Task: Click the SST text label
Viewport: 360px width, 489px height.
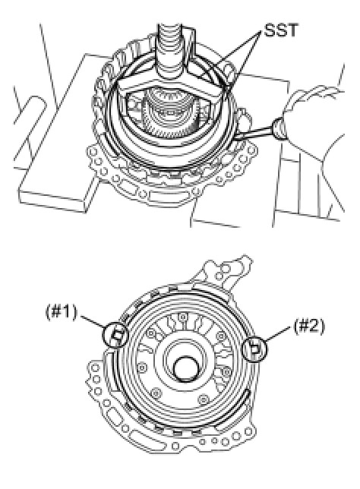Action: pyautogui.click(x=280, y=30)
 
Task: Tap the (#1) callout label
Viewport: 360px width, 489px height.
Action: pyautogui.click(x=62, y=312)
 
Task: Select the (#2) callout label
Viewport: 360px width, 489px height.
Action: pyautogui.click(x=309, y=327)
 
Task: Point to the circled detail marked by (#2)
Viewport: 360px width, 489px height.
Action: pyautogui.click(x=255, y=349)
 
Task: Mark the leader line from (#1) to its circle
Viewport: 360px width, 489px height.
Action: pyautogui.click(x=93, y=321)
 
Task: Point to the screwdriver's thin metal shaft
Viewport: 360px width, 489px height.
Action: pyautogui.click(x=254, y=133)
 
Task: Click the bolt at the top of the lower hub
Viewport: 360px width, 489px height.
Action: pyautogui.click(x=182, y=317)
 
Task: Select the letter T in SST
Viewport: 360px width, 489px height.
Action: pyautogui.click(x=292, y=30)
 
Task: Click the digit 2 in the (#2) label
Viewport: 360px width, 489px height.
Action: pyautogui.click(x=314, y=327)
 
